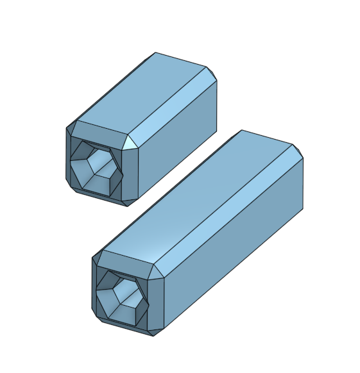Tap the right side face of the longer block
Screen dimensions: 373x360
237,250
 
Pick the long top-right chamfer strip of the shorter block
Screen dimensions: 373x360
173,106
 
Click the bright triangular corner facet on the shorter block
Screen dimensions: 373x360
132,143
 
